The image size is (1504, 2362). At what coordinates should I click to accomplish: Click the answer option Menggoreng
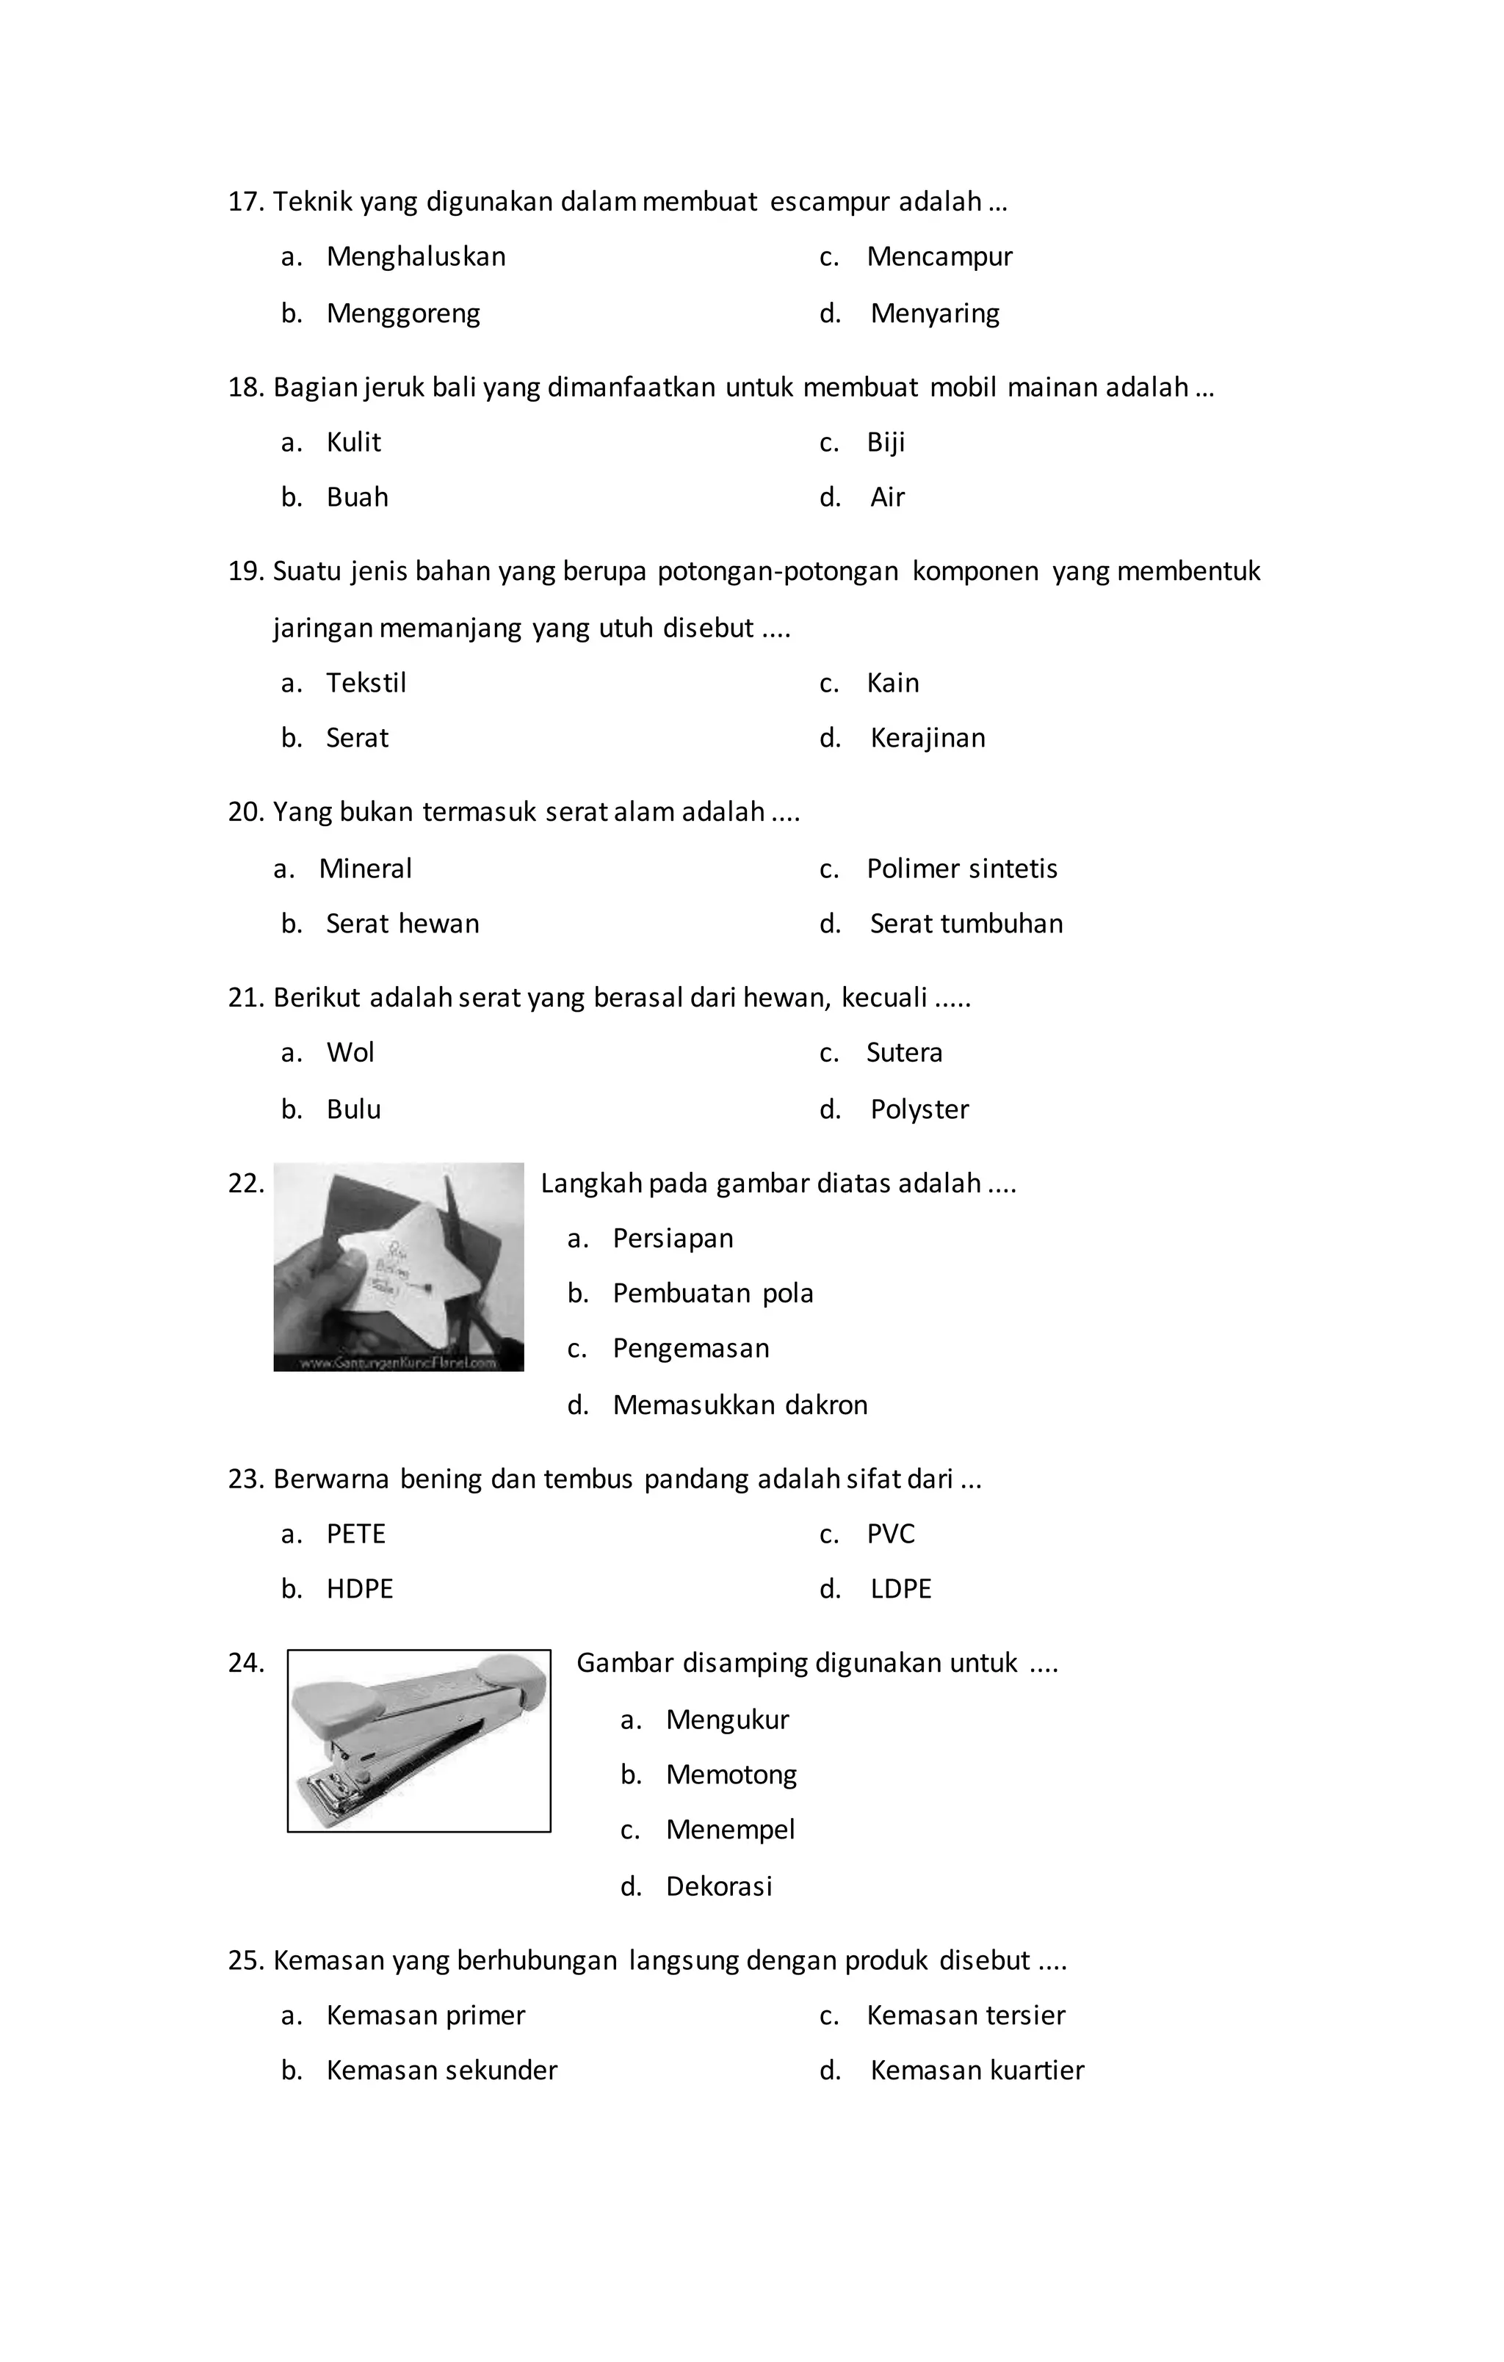point(402,314)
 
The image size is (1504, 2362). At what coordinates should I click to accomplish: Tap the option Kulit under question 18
point(352,443)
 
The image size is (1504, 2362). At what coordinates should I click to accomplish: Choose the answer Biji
point(885,443)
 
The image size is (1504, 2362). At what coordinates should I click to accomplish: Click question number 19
point(245,572)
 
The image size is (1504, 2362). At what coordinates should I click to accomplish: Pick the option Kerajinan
point(927,738)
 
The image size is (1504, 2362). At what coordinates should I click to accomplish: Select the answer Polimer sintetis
point(961,869)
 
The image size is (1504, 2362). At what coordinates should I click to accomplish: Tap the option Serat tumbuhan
point(966,924)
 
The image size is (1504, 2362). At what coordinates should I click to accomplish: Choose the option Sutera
point(903,1052)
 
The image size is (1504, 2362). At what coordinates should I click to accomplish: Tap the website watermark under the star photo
point(398,1363)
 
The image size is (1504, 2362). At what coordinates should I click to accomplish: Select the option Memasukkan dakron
point(740,1405)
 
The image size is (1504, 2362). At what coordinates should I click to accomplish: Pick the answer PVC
point(890,1534)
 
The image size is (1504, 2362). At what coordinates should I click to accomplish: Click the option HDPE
point(359,1589)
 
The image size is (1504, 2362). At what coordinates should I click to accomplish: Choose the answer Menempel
point(730,1830)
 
